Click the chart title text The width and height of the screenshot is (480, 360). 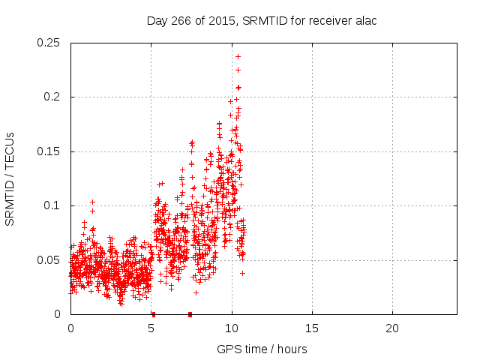point(261,20)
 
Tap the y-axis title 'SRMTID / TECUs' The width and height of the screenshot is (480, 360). point(10,178)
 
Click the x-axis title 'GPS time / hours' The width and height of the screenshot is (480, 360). point(262,349)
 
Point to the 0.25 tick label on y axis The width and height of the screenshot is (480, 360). point(51,43)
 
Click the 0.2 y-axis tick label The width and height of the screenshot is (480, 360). point(54,97)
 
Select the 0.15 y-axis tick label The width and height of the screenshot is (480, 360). point(51,151)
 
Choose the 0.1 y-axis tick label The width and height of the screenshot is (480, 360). point(54,205)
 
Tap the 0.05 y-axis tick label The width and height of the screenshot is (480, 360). point(51,260)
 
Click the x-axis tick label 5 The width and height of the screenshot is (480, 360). point(151,328)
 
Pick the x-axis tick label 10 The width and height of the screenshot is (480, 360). point(231,328)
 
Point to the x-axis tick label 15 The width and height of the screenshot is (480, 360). point(311,328)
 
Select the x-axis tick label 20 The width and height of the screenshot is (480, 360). point(391,328)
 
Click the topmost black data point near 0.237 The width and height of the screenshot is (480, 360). point(238,56)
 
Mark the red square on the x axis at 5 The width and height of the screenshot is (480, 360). point(153,314)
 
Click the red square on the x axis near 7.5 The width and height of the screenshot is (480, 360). point(190,314)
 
